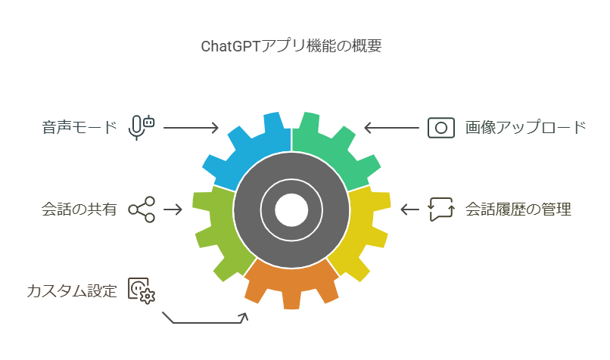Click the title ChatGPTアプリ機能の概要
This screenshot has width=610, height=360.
point(291,45)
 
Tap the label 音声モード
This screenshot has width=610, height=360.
point(79,127)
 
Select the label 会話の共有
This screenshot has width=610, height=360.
point(79,209)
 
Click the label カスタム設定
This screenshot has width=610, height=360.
point(72,290)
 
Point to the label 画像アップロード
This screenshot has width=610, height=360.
point(525,127)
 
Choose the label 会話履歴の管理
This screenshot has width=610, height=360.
point(518,209)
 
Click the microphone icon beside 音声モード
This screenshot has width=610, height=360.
point(141,127)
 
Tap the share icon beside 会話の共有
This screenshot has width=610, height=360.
point(142,209)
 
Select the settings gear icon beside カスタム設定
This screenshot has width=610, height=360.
point(141,290)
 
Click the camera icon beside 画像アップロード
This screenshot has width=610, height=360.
point(440,127)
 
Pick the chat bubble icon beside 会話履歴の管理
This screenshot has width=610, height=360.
point(440,209)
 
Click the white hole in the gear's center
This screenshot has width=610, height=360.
point(291,209)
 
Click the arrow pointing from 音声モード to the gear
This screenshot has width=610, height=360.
point(191,127)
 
